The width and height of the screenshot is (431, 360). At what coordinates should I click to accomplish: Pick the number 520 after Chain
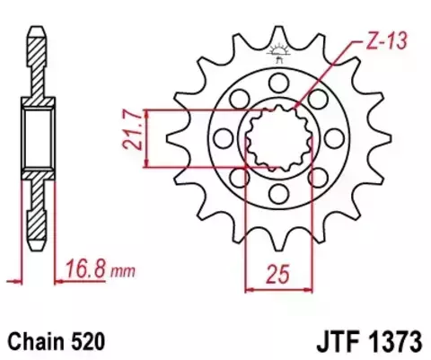(92, 342)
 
